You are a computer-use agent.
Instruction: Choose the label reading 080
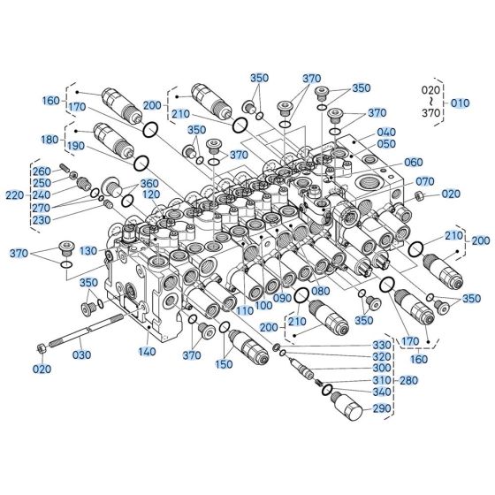319,290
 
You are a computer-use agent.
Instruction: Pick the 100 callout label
263,305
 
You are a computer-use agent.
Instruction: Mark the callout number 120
150,194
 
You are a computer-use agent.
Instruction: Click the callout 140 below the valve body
146,351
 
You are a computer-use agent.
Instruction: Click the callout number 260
42,171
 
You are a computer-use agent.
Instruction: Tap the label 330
381,344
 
